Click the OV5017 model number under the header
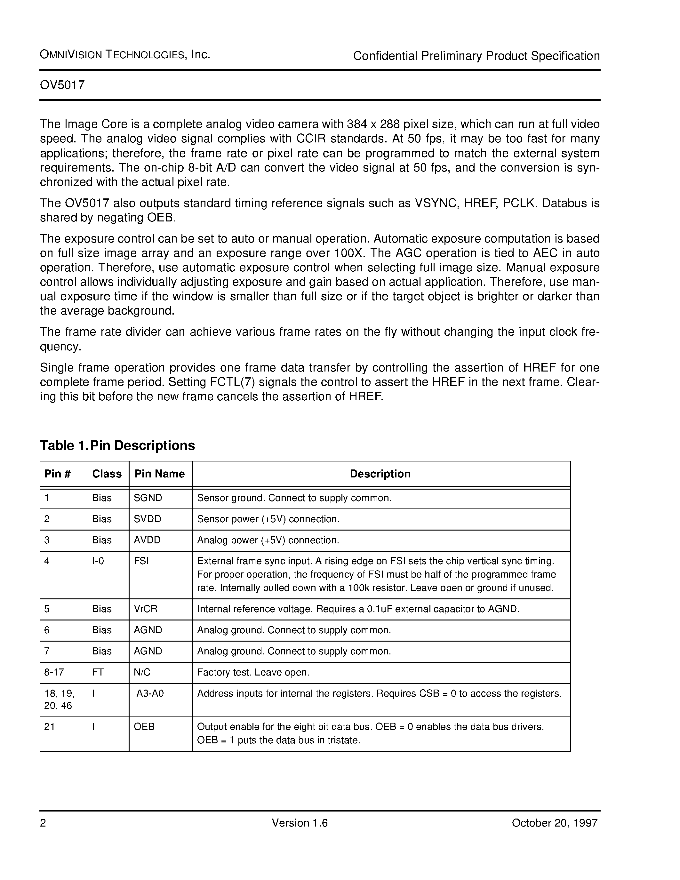(x=62, y=85)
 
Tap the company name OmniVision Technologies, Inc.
(x=125, y=55)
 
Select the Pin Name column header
(x=160, y=474)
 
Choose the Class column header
(x=107, y=474)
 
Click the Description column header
(x=380, y=474)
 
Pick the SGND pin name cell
(x=148, y=498)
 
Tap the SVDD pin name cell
(x=148, y=519)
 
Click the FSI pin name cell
(x=141, y=561)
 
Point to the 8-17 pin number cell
(x=54, y=672)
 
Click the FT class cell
(x=98, y=672)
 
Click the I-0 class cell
(x=98, y=561)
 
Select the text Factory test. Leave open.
(x=253, y=672)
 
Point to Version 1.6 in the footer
(x=300, y=823)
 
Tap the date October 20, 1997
(x=554, y=823)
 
